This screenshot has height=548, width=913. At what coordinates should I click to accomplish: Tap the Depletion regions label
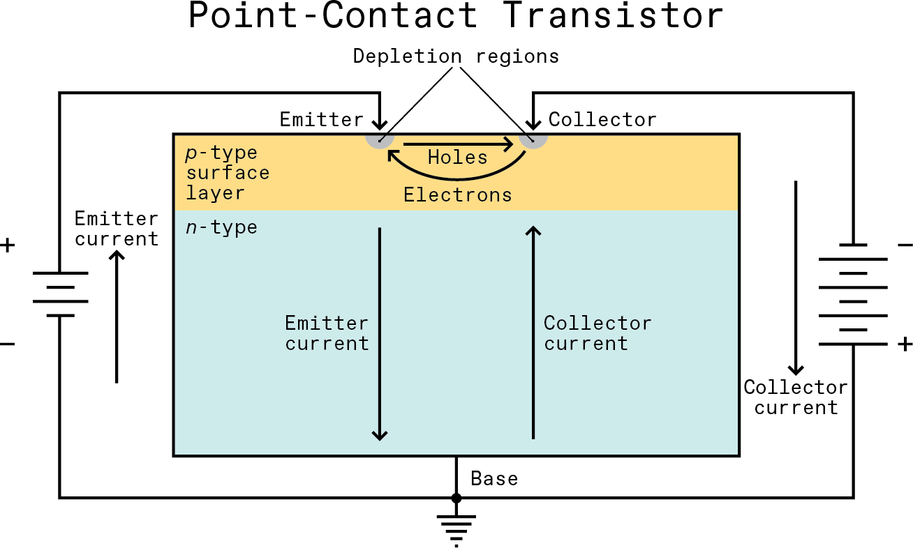(x=456, y=56)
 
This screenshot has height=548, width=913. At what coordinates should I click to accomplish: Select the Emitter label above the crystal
(x=321, y=119)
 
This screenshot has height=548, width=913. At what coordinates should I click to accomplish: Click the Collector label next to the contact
(x=602, y=120)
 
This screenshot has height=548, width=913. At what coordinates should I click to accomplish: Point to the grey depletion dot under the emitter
(x=380, y=138)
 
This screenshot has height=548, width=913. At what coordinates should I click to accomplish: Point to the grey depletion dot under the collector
(x=533, y=138)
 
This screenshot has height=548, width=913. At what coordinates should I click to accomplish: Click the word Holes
(x=457, y=158)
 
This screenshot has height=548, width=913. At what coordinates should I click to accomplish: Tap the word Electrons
(x=457, y=195)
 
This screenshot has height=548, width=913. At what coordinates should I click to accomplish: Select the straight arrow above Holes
(x=457, y=145)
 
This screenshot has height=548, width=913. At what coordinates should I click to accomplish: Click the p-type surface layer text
(x=227, y=173)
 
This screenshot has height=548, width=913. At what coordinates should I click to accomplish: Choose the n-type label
(x=221, y=227)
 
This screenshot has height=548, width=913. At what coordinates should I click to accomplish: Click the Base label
(x=494, y=479)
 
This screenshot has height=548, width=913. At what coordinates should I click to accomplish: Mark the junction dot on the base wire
(x=456, y=498)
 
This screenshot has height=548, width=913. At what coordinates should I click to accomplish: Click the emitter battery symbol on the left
(x=61, y=294)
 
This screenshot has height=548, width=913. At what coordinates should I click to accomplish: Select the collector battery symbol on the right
(x=853, y=294)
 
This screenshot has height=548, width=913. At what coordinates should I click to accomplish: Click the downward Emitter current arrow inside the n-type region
(x=380, y=335)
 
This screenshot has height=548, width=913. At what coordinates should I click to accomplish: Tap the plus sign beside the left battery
(x=8, y=245)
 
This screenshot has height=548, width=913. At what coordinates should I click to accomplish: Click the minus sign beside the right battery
(x=904, y=245)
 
